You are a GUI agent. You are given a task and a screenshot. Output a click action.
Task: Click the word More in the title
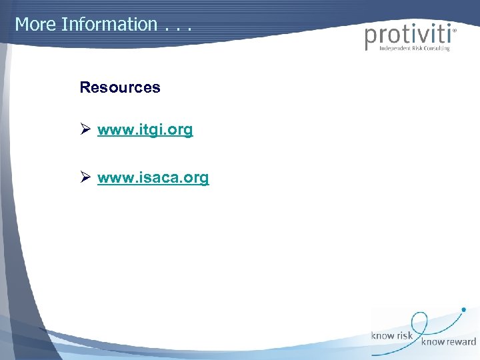[x=35, y=25]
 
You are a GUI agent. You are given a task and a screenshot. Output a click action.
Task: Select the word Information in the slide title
[x=109, y=25]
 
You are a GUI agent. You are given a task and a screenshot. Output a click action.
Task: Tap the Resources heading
[x=120, y=87]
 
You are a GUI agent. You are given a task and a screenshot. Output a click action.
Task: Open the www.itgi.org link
[x=145, y=130]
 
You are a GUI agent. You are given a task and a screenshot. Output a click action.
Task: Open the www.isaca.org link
[x=153, y=178]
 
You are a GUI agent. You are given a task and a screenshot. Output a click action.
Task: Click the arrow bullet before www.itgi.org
[x=85, y=130]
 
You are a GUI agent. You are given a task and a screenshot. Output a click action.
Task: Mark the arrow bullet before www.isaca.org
[x=85, y=178]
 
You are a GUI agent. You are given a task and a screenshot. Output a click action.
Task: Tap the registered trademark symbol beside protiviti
[x=455, y=30]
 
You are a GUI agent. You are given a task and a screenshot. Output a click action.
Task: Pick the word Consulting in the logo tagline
[x=435, y=49]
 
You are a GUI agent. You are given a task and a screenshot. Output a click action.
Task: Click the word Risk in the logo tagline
[x=411, y=49]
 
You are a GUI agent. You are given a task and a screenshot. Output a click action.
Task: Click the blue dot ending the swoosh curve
[x=464, y=309]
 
